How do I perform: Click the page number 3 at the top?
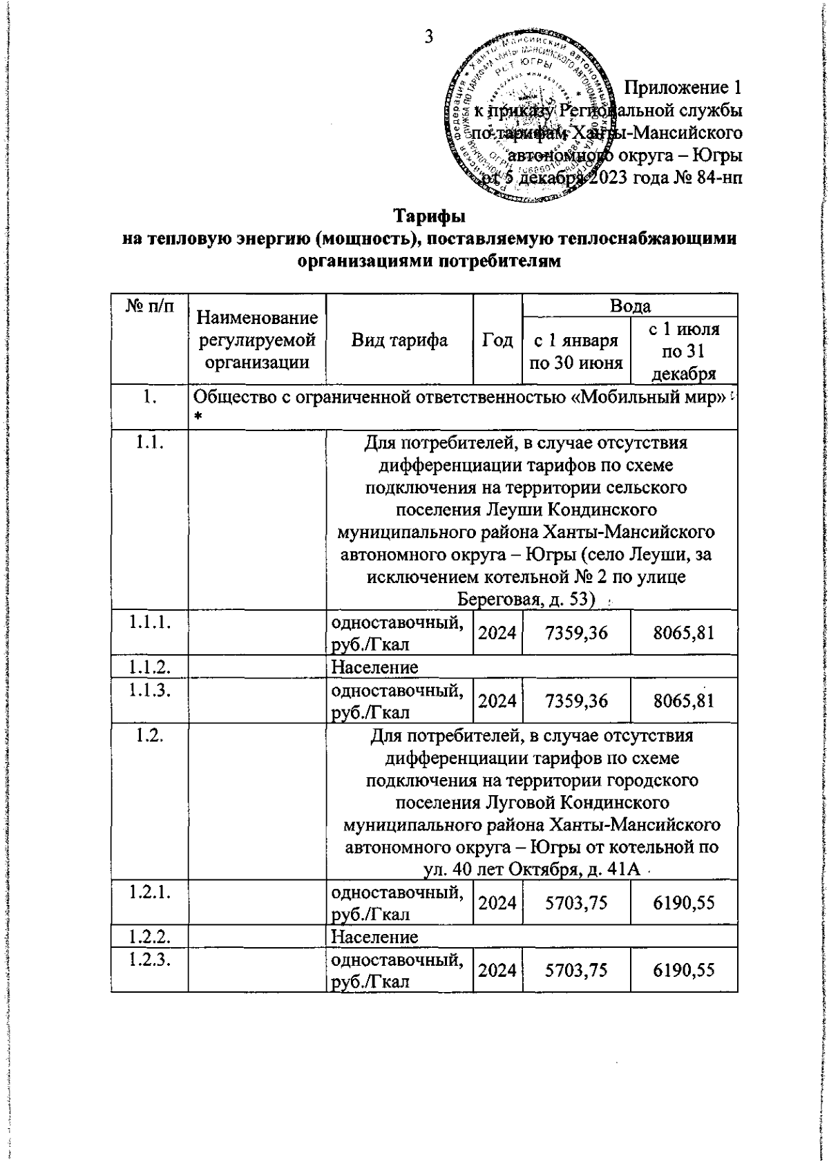[428, 37]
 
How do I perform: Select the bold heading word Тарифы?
[429, 216]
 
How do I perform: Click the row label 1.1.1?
[150, 622]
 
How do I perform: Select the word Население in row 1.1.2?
[374, 667]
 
